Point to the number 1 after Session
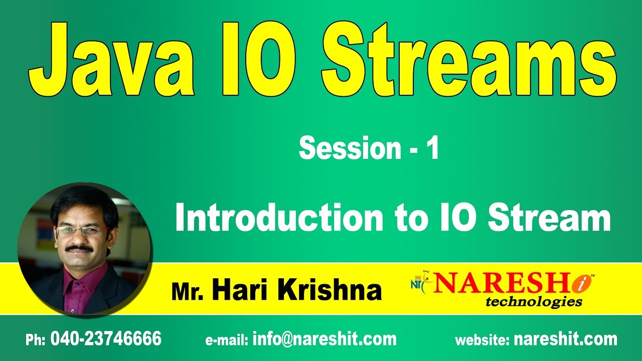click(432, 149)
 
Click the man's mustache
click(79, 248)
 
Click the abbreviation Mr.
click(188, 292)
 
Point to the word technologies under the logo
click(534, 301)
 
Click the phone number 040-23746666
click(106, 339)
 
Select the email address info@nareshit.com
click(325, 339)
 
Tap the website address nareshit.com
click(565, 339)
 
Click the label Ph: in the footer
click(36, 340)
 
